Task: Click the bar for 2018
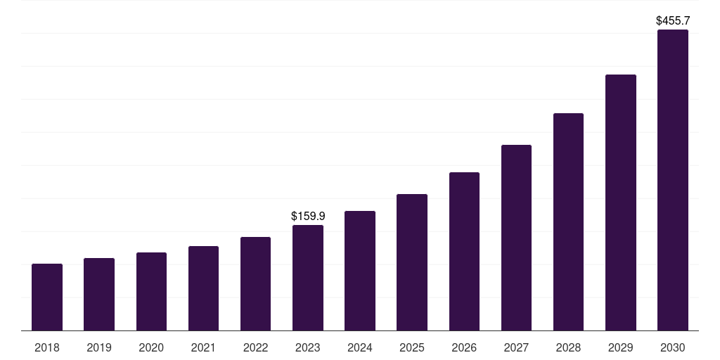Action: coord(47,297)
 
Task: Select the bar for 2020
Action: coord(151,292)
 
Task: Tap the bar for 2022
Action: coord(255,284)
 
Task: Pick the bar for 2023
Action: coord(308,278)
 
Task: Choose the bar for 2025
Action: coord(412,262)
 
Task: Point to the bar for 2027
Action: coord(516,238)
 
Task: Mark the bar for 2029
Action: coord(620,202)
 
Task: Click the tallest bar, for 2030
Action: coord(672,180)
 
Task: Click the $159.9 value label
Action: coord(308,217)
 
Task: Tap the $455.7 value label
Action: coord(673,21)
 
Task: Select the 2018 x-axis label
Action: coord(47,347)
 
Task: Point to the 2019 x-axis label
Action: coord(99,347)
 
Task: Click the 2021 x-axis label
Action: coord(203,347)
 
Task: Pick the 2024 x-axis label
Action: coord(360,347)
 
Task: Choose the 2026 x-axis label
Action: coord(464,347)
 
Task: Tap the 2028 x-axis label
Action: coord(568,347)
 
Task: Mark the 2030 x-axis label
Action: coord(672,347)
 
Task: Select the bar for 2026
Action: coord(464,252)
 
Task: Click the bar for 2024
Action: coord(360,271)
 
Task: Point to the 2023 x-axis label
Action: coord(308,347)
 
